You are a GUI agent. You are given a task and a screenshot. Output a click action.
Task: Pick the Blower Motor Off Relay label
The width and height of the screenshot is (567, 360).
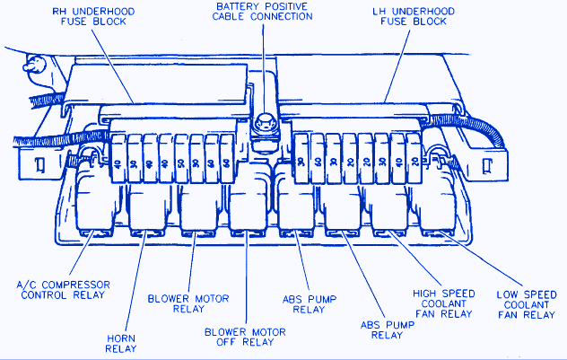[x=244, y=338]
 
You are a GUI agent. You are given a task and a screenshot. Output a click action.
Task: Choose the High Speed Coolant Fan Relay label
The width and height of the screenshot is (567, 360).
[x=442, y=304]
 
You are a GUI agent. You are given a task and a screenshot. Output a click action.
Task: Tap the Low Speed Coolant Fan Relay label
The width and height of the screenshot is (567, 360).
[x=527, y=304]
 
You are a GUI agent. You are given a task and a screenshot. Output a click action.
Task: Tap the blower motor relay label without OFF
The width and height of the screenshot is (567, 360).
[x=188, y=304]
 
